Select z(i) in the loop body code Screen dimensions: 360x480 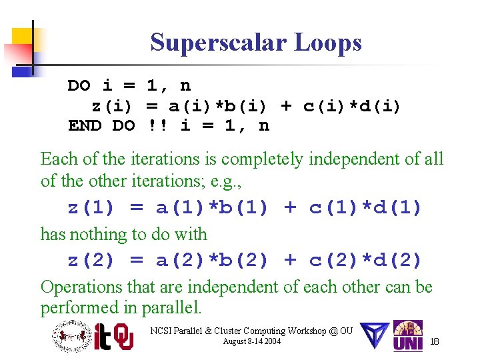coord(111,106)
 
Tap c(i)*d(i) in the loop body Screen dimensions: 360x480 coord(351,106)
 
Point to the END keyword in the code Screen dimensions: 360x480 coord(85,125)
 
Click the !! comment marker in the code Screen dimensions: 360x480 coord(158,125)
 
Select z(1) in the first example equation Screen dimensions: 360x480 coord(91,208)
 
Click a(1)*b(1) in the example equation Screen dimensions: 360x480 coord(212,208)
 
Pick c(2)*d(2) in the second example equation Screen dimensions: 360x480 coord(365,260)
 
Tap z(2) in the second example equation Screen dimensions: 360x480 coord(91,260)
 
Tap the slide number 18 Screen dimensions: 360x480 coord(434,341)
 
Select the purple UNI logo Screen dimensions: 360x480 coord(407,337)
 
